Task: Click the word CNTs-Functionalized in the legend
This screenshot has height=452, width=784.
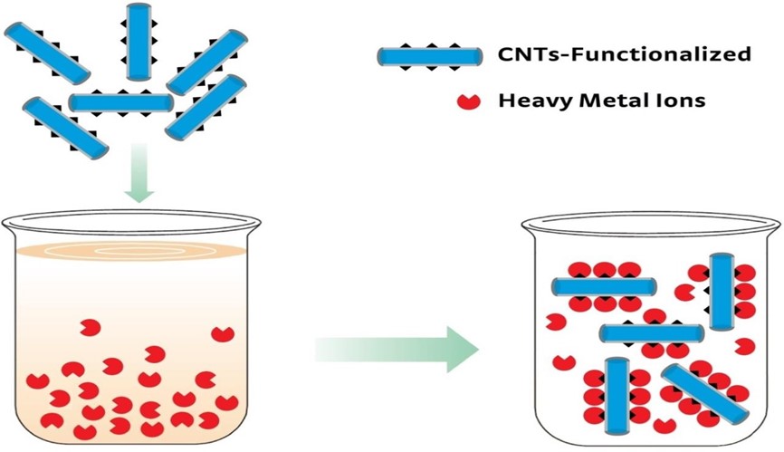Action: coord(625,55)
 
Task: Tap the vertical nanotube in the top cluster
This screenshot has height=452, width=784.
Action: coord(139,41)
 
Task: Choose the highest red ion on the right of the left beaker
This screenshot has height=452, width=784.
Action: coord(222,334)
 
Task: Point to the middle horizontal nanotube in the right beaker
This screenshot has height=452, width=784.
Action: coord(650,333)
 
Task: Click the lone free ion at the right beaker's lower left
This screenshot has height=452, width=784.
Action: coord(564,363)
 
